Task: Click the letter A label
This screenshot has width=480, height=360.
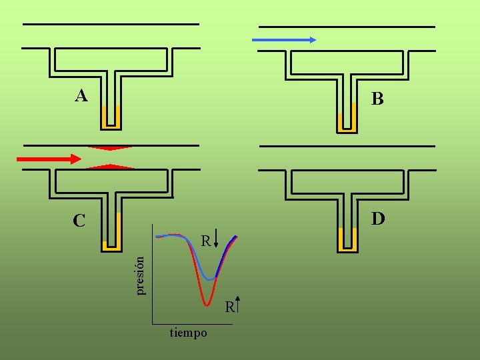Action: coord(81,97)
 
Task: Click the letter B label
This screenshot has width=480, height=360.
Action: coord(378,100)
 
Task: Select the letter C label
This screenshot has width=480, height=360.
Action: coord(79,221)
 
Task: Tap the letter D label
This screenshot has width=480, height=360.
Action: coord(378,219)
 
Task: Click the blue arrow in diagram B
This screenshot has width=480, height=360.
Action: coord(284,40)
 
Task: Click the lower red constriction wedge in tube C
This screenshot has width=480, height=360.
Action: coord(111,166)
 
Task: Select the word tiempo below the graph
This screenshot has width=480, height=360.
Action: coord(188,333)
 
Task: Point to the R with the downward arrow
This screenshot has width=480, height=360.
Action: coord(207,240)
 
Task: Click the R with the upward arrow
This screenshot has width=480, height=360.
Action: coord(229,307)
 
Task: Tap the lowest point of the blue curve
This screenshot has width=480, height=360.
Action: coord(211,278)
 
